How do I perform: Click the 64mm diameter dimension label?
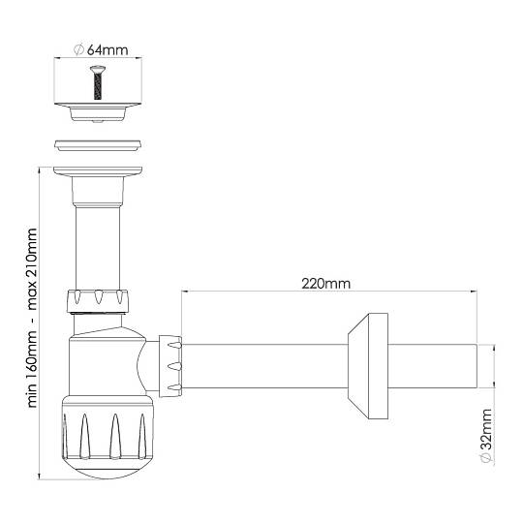click(x=101, y=50)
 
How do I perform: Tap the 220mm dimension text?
click(x=325, y=284)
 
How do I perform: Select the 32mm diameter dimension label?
click(x=486, y=435)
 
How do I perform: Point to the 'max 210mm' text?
click(x=32, y=269)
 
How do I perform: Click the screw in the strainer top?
click(x=98, y=82)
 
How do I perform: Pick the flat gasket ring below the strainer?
click(x=98, y=145)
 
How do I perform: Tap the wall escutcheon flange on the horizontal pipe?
click(x=368, y=366)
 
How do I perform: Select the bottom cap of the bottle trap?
click(x=108, y=437)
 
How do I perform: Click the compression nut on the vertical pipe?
click(x=98, y=301)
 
